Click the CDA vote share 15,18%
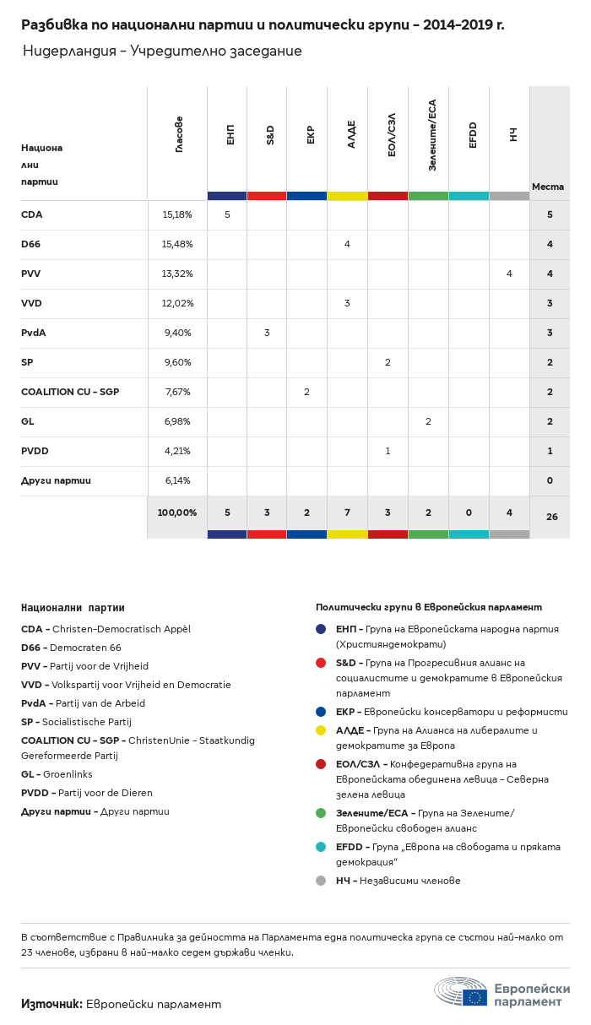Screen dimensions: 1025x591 [177, 214]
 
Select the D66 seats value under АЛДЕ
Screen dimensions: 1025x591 [347, 244]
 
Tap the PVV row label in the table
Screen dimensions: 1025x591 [31, 274]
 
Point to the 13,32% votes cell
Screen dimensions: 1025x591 [177, 274]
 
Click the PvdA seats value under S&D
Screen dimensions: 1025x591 [267, 333]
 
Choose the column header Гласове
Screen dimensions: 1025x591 [179, 134]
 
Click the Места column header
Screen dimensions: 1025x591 [548, 187]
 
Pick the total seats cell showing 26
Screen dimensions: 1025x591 [551, 516]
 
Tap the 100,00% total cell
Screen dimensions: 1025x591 [177, 512]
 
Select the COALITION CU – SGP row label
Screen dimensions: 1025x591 [70, 392]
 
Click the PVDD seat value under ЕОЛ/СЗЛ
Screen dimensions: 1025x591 [388, 451]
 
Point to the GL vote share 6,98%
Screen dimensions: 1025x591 [177, 421]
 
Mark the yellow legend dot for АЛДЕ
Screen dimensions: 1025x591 [321, 730]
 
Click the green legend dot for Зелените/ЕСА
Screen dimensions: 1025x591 [321, 813]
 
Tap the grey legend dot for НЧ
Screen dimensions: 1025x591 [321, 881]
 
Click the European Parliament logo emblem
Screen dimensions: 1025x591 [461, 991]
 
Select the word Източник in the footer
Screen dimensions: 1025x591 [52, 1004]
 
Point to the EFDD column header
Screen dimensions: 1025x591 [473, 135]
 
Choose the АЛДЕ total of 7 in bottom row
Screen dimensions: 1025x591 [347, 512]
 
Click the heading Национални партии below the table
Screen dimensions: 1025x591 [73, 607]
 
